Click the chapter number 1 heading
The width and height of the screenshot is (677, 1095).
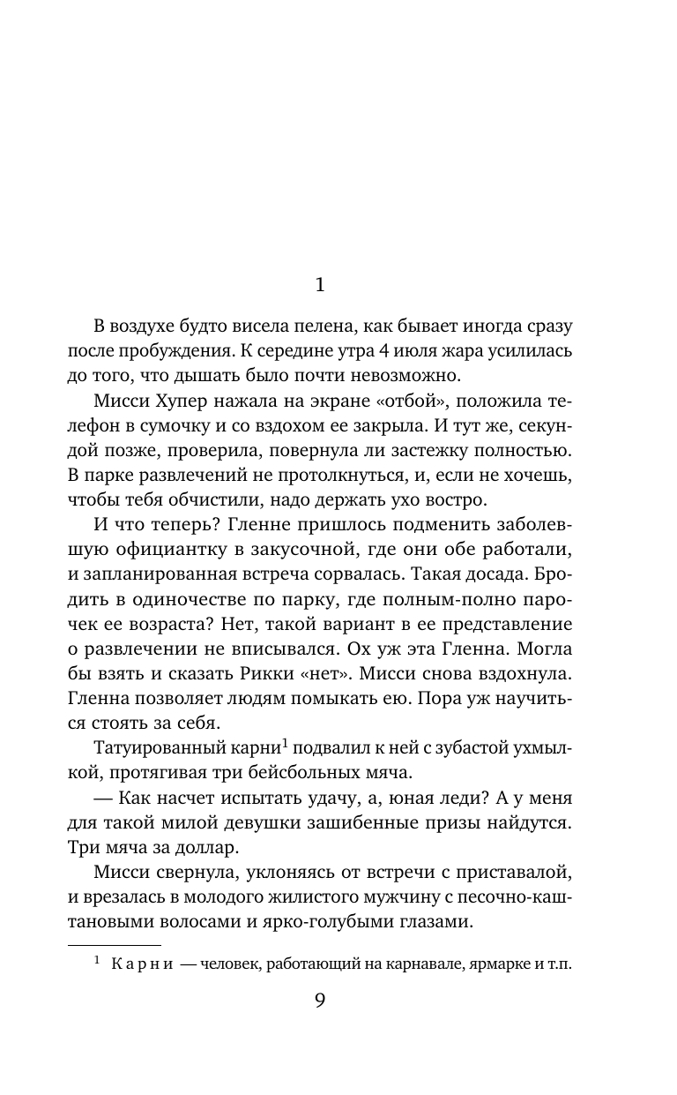[x=320, y=285]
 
